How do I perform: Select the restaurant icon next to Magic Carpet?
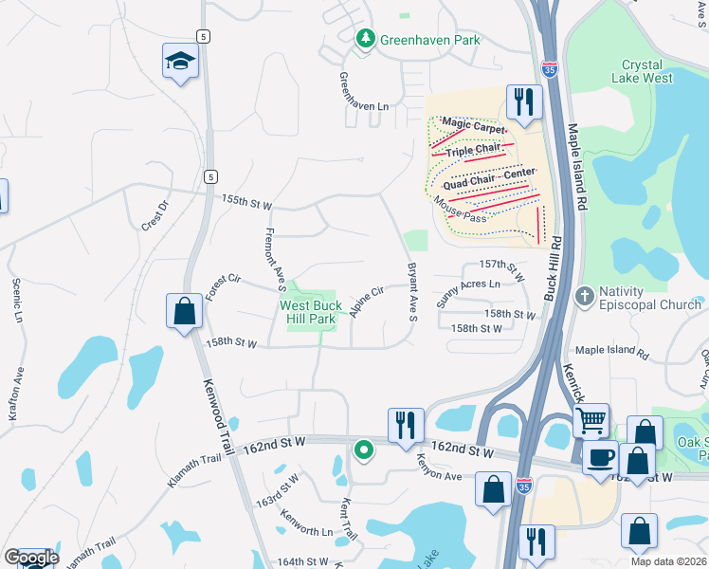coord(522,101)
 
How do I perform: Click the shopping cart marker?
coord(591,418)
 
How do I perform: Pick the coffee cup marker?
coord(600,458)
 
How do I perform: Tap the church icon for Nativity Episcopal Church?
coord(584,296)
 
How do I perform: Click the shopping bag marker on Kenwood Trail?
coord(183,311)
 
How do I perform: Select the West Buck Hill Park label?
coord(307,312)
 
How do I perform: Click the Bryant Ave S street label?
coord(412,291)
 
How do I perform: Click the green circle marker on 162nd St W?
coord(362,449)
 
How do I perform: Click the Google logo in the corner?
coord(30,558)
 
